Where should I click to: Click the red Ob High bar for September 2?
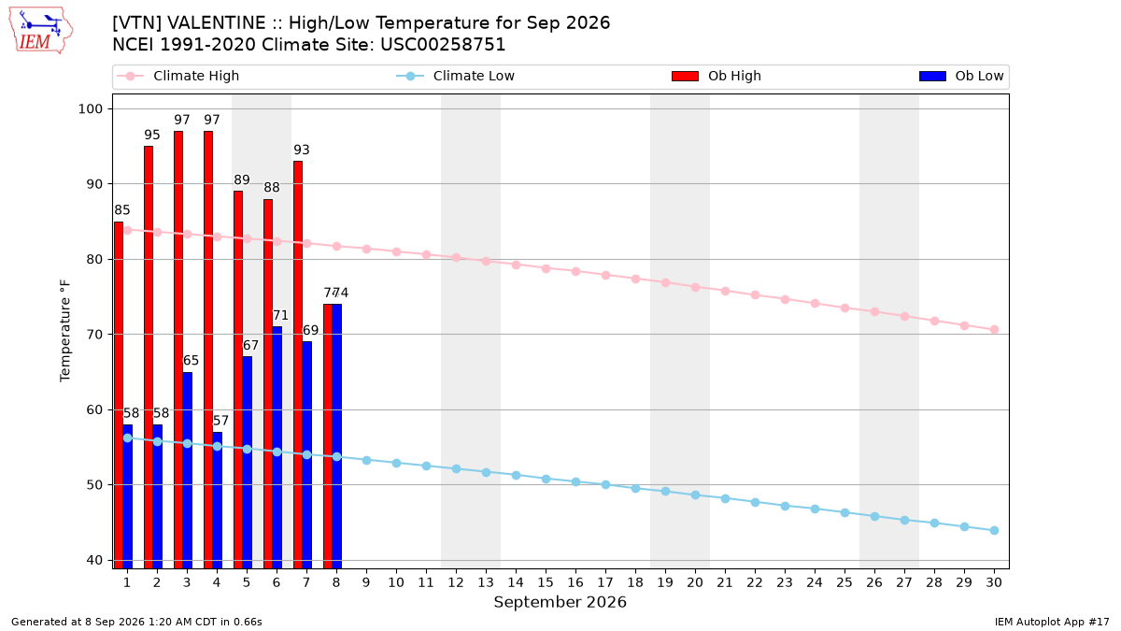[x=149, y=357]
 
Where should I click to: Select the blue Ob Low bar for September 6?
[x=277, y=447]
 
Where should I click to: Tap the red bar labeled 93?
[x=298, y=365]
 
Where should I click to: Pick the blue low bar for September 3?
[x=187, y=470]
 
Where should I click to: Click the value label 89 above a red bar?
[x=242, y=179]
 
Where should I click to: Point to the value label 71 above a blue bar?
[x=280, y=316]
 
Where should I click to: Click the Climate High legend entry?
[x=178, y=76]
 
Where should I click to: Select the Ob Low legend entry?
[x=961, y=76]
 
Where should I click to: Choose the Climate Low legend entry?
[x=456, y=76]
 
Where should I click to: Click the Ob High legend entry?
[x=717, y=76]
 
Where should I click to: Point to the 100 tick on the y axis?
[x=90, y=109]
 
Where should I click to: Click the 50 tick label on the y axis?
[x=94, y=485]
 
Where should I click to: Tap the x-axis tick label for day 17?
[x=605, y=582]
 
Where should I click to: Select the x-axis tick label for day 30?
[x=994, y=582]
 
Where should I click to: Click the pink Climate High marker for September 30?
[x=994, y=329]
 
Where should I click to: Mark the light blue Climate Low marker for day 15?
[x=546, y=480]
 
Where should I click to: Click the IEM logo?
[x=41, y=31]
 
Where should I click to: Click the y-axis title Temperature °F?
[x=65, y=331]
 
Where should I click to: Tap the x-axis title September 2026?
[x=560, y=602]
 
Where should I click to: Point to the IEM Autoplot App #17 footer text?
[x=1052, y=622]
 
